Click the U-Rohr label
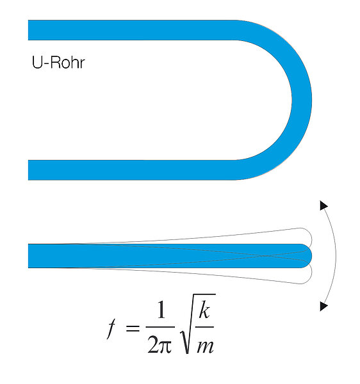coord(58,63)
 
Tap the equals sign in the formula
coord(133,328)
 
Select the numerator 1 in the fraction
coord(161,310)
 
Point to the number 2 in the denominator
coord(153,344)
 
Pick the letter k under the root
coord(204,310)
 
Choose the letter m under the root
coord(206,346)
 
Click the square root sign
coord(197,323)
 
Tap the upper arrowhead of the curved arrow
coord(323,205)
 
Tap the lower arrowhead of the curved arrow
coord(323,306)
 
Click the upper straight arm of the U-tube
coord(133,30)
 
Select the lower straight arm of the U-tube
coord(133,170)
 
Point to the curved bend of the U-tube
coord(302,100)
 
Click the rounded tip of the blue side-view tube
coord(307,256)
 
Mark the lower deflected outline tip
coord(307,277)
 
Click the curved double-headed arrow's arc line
coord(336,256)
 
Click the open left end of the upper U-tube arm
coord(29,30)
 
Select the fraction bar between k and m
coord(204,327)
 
